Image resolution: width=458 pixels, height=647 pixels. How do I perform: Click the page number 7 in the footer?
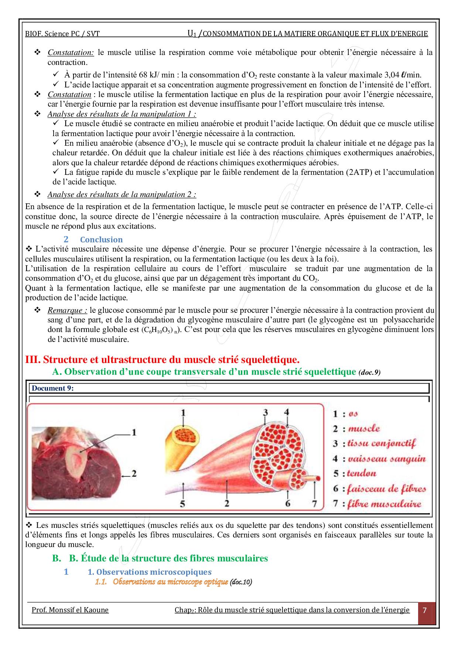(424, 610)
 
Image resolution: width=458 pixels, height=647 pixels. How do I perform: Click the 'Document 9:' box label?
(52, 388)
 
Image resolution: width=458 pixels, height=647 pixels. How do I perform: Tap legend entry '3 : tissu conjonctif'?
(374, 443)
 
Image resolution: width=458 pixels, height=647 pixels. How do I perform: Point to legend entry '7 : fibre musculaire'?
(377, 504)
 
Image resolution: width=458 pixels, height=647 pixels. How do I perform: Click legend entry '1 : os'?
(346, 414)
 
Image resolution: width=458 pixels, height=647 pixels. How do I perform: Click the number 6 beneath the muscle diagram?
(287, 503)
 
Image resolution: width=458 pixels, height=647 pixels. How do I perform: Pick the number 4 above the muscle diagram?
(286, 412)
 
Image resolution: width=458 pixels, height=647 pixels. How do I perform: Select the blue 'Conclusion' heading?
(101, 239)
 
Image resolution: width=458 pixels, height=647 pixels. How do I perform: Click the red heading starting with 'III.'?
(162, 359)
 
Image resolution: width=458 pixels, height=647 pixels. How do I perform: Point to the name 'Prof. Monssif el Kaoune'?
(70, 610)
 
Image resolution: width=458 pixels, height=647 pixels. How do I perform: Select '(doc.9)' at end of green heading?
(369, 373)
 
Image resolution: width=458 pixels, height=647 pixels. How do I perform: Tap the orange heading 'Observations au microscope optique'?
(170, 582)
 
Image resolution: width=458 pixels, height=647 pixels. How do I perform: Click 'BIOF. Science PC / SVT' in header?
(62, 34)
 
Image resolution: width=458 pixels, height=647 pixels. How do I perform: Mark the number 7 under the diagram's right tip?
(314, 503)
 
